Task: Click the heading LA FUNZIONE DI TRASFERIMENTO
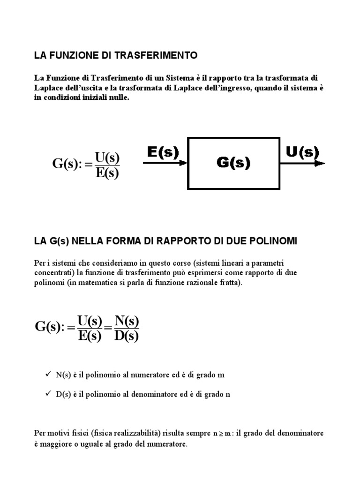(x=116, y=56)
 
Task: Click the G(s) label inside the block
(x=233, y=163)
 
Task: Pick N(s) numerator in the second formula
(x=127, y=322)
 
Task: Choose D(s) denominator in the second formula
(x=127, y=336)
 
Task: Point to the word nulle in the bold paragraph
(x=117, y=98)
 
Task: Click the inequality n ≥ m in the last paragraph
(x=223, y=434)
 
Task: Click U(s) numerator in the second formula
(x=90, y=322)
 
